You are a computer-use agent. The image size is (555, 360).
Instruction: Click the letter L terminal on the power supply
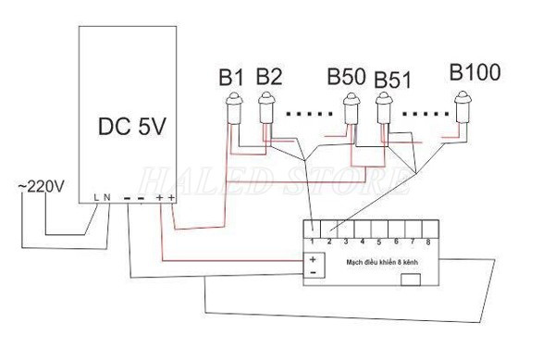tap(98, 196)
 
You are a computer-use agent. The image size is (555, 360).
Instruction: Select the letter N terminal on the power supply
tap(108, 196)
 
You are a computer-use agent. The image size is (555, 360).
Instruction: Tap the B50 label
tap(345, 76)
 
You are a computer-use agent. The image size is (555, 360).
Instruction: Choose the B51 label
tap(393, 79)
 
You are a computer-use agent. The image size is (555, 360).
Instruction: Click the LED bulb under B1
tap(235, 111)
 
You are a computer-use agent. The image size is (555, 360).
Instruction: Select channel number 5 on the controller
tap(378, 242)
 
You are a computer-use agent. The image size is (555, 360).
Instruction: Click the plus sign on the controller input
tap(312, 259)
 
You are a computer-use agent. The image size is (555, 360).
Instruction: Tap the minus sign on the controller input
tap(312, 273)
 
